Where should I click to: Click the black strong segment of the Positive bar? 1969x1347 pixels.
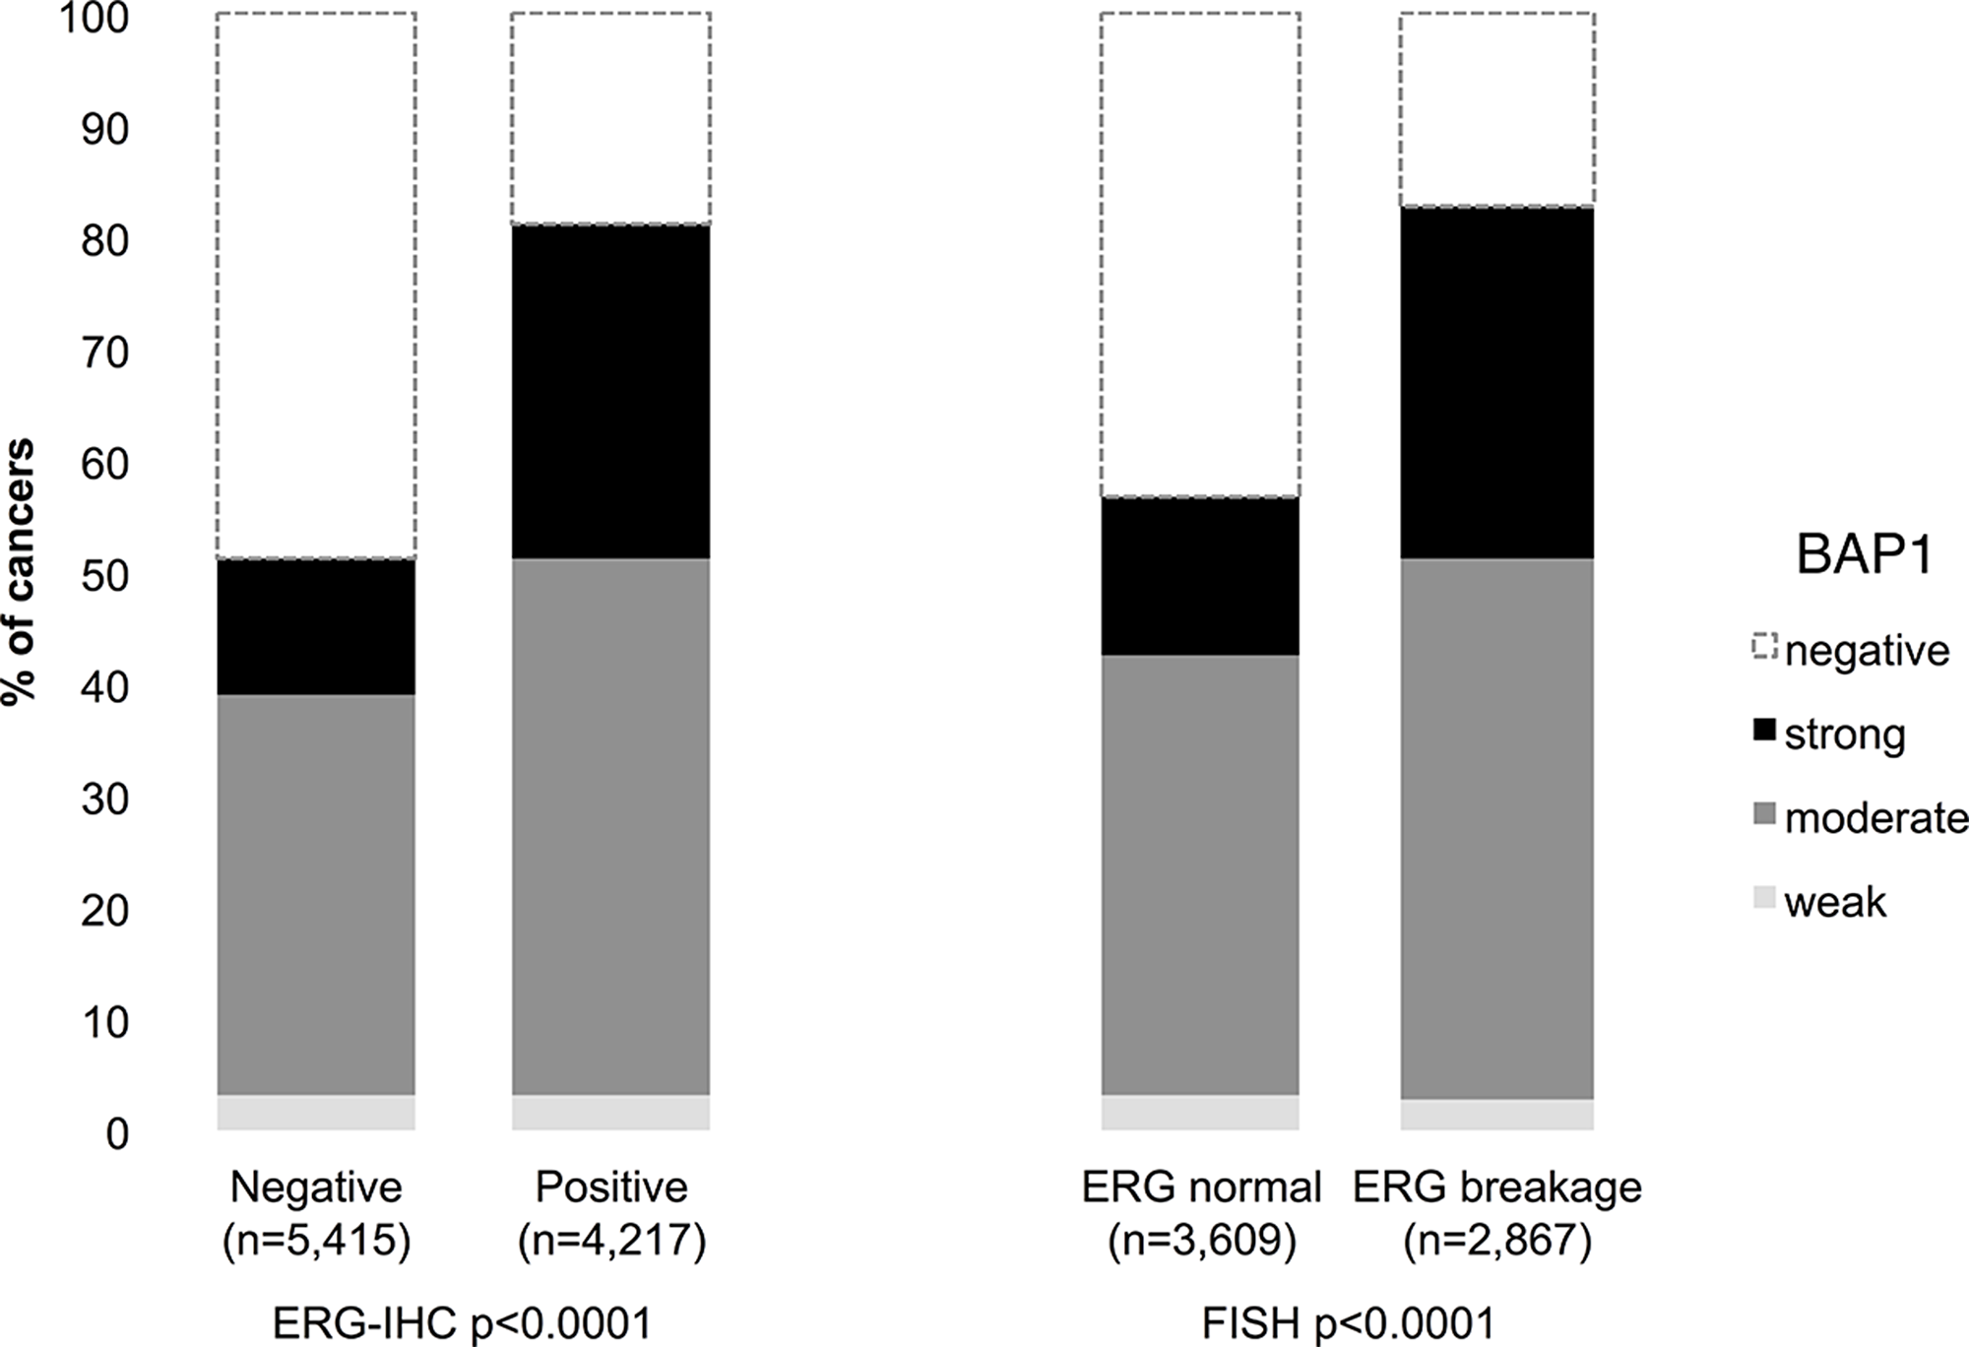610,392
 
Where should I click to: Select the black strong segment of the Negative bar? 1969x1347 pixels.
316,627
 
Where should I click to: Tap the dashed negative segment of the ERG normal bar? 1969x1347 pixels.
1200,255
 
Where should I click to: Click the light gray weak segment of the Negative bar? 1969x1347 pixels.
316,1112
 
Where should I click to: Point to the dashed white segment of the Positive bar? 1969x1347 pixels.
610,118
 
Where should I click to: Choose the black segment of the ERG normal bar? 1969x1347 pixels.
1200,576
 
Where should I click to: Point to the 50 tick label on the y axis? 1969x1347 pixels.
103,577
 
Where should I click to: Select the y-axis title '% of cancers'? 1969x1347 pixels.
20,571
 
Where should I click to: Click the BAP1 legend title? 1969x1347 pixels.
1864,555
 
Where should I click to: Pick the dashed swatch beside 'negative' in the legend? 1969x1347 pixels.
1765,647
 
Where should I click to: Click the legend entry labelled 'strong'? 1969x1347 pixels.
1844,735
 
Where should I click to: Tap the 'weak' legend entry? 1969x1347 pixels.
1834,902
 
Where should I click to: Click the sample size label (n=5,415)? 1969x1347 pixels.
316,1242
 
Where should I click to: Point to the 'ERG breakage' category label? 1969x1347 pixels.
1496,1187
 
